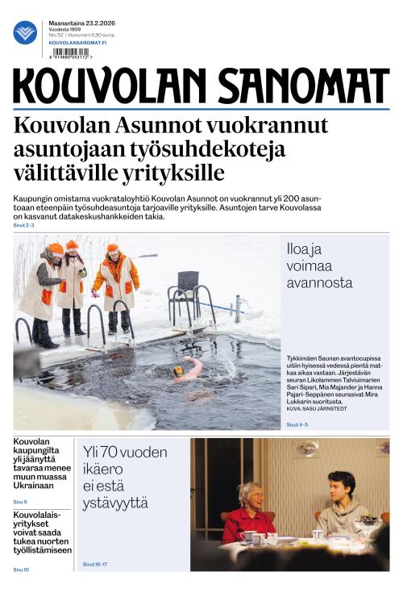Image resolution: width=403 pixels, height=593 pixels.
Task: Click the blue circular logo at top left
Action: point(25,32)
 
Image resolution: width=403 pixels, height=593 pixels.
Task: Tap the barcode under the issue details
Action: point(70,52)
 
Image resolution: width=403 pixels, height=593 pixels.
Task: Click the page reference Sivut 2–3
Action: point(24,225)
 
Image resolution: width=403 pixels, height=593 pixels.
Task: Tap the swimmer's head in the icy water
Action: point(178,371)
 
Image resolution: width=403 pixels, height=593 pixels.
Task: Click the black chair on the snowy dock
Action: point(188,282)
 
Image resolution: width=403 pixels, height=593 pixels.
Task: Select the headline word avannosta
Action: point(319,282)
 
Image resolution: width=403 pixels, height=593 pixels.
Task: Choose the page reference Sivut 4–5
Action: point(297,424)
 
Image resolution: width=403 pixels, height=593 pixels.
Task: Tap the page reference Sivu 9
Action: point(20,502)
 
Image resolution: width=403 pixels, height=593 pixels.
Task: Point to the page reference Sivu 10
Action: point(21,570)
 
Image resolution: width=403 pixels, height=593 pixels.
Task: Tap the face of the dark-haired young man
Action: point(339,487)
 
